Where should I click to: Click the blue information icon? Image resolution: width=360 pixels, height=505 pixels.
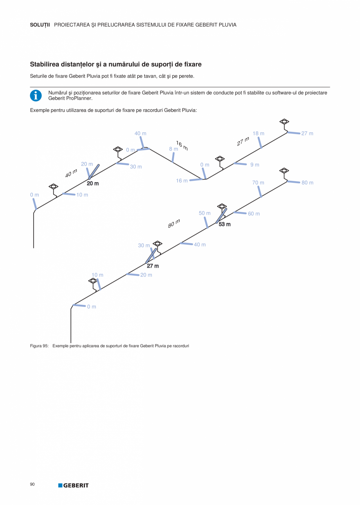(x=36, y=96)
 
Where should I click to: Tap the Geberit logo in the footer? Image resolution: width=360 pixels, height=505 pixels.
(x=74, y=485)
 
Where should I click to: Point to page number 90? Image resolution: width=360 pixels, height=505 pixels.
(x=32, y=485)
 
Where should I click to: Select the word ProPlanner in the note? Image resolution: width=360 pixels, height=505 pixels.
(x=79, y=98)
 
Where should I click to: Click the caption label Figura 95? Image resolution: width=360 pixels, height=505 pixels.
(x=39, y=346)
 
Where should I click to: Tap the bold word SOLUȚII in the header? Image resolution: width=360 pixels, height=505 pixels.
(x=40, y=25)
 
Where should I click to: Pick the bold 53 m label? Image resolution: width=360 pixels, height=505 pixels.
(x=225, y=224)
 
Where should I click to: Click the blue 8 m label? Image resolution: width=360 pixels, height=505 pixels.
(x=173, y=149)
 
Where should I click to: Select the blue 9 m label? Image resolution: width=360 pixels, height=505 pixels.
(x=255, y=165)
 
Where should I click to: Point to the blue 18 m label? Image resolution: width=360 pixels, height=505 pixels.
(x=258, y=133)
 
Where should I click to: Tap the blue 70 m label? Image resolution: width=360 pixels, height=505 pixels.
(x=258, y=183)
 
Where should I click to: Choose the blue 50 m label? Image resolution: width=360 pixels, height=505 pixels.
(x=205, y=213)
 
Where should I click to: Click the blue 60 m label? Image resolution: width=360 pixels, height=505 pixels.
(x=254, y=214)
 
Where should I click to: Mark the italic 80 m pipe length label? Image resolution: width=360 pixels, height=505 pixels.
(x=174, y=224)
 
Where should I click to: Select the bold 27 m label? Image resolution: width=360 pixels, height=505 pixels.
(x=153, y=266)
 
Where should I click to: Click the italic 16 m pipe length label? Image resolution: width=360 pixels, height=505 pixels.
(x=182, y=146)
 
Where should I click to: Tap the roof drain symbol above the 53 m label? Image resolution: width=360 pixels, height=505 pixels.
(x=222, y=206)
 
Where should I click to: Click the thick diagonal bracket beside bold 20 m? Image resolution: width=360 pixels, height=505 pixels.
(x=94, y=172)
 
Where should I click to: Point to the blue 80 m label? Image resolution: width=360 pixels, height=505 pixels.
(x=308, y=183)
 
